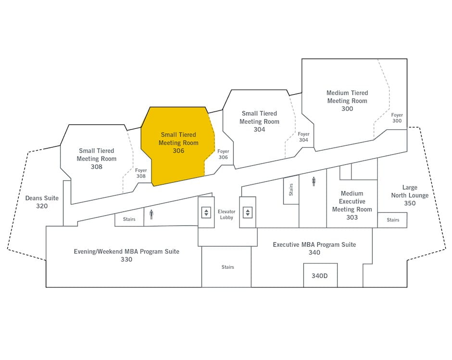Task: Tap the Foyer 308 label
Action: point(141,173)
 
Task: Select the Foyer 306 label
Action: point(223,154)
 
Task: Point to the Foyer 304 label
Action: point(303,137)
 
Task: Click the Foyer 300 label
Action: point(397,118)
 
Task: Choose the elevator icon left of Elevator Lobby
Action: point(206,212)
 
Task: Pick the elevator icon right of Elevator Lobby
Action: point(248,212)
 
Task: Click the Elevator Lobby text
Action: point(226,214)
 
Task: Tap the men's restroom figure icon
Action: point(151,214)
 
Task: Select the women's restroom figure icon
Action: point(314,182)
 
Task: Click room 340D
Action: point(320,275)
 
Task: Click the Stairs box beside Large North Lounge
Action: point(392,220)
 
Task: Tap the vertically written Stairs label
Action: point(291,190)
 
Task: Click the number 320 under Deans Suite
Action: point(42,206)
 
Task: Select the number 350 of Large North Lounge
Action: point(410,203)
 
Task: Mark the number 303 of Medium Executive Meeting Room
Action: point(352,217)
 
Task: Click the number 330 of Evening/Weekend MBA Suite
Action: point(126,260)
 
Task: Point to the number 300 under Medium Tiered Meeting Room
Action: point(347,109)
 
